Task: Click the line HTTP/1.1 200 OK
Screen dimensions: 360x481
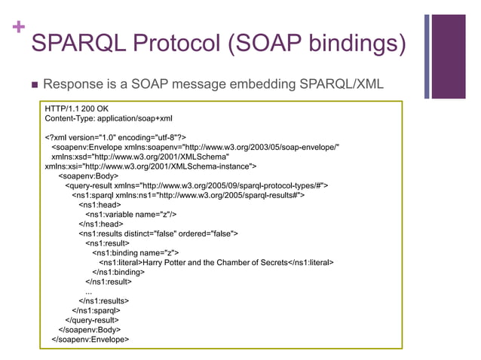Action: tap(77, 109)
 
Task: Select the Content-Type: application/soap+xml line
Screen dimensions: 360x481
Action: tap(109, 119)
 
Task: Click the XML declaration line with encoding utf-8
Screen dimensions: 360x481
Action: tap(116, 138)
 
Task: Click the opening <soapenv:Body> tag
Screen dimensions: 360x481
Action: tap(88, 176)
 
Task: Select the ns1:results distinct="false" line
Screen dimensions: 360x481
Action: tap(158, 233)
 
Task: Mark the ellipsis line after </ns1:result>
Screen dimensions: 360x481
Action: tap(89, 291)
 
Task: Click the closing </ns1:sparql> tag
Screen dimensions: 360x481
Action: tap(96, 310)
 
